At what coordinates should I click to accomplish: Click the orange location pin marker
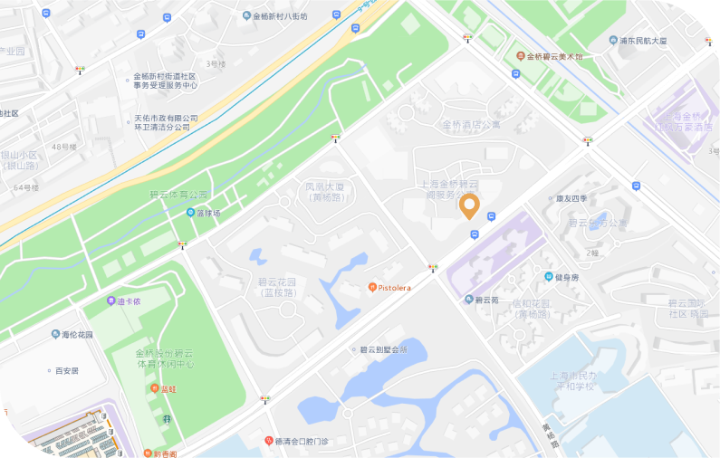point(469,205)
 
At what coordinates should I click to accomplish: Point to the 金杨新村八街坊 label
point(280,15)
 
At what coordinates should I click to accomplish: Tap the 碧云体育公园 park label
point(178,195)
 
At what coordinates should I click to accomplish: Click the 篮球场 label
point(208,213)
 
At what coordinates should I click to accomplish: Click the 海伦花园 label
point(77,334)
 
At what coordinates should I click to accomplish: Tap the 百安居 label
point(67,370)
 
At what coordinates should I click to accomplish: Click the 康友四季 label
point(571,198)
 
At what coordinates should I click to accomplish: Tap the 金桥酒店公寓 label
point(471,125)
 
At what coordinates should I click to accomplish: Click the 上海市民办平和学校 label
point(561,380)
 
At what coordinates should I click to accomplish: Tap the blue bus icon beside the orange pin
point(491,216)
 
